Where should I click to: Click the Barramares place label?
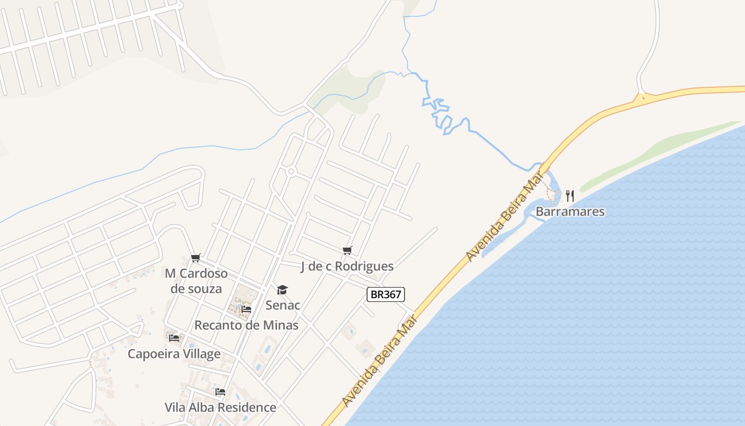(570, 211)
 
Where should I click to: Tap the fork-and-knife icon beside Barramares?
(569, 195)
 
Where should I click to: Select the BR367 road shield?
(386, 294)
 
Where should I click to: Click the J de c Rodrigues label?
(347, 266)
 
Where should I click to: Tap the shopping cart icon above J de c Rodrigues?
(347, 250)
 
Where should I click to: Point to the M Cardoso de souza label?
(196, 281)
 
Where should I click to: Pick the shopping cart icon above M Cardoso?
(196, 258)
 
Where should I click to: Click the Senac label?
(283, 305)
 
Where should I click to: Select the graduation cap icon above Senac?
(282, 290)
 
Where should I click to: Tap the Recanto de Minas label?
(246, 325)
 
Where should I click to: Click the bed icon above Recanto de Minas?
(246, 309)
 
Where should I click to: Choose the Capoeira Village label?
(174, 354)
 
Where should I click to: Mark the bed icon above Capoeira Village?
(174, 338)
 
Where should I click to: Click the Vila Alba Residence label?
(220, 407)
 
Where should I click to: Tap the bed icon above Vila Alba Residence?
(220, 392)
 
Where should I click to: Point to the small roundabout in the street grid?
(291, 171)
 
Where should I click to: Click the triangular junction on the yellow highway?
(642, 98)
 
